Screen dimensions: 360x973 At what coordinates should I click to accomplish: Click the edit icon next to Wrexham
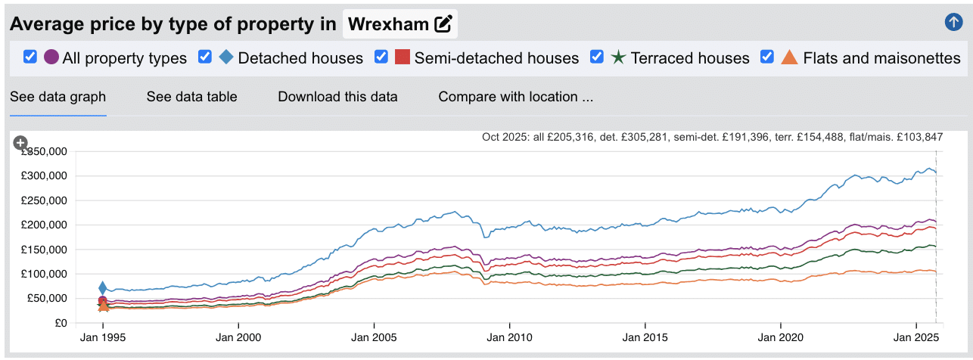443,24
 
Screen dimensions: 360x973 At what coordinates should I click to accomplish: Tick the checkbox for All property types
30,57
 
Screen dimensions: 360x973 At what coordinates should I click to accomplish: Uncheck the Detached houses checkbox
204,57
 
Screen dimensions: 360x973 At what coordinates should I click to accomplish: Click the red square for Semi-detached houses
403,57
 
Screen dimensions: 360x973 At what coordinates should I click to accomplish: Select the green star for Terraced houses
618,57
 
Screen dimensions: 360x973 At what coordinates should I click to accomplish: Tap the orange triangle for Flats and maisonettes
789,57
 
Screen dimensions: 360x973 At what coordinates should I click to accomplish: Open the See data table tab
191,96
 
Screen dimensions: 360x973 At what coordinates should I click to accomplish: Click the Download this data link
337,96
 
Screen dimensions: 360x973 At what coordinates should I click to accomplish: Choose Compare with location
515,96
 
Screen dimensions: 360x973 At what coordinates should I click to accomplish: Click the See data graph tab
58,96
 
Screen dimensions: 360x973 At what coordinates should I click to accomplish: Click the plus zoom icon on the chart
20,142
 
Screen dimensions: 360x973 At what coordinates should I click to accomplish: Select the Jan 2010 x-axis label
509,338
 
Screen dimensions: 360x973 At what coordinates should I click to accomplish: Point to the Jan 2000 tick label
238,338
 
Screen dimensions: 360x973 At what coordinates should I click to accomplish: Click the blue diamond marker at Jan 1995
103,287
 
